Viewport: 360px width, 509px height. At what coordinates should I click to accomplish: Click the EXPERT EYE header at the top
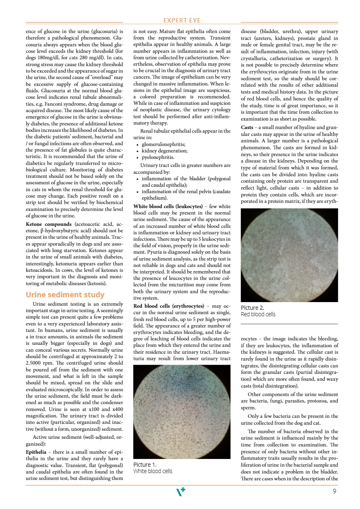[182, 21]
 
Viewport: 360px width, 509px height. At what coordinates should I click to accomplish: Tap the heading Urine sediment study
[65, 294]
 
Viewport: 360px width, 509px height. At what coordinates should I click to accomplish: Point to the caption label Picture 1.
[145, 464]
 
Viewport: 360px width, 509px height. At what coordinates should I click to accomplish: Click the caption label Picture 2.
[252, 307]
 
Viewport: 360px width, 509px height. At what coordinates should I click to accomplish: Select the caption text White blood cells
[153, 471]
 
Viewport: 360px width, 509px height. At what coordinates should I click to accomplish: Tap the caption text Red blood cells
[258, 314]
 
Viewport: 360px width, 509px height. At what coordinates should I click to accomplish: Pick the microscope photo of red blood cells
[289, 255]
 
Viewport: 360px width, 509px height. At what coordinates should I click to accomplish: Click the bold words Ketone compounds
[43, 224]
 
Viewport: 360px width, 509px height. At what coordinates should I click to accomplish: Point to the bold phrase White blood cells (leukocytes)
[168, 206]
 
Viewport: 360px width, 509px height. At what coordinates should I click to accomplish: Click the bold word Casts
[247, 128]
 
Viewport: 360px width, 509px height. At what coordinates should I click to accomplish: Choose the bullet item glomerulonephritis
[164, 144]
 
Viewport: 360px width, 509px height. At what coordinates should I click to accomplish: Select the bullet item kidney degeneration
[165, 150]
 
